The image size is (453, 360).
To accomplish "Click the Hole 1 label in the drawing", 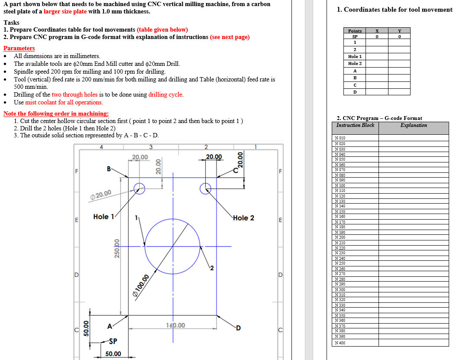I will click(104, 217).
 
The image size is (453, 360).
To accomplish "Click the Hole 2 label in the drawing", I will click(243, 218).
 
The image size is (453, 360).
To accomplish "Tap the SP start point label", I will click(113, 341).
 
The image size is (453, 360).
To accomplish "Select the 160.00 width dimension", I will click(175, 325).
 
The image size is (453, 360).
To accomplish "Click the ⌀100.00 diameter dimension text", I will click(141, 286).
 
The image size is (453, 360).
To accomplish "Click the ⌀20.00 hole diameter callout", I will click(101, 194).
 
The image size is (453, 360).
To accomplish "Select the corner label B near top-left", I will click(109, 168).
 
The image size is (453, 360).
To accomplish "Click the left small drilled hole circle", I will click(139, 188).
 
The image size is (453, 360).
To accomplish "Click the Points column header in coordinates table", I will click(355, 31).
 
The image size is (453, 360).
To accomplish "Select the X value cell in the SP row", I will click(377, 37).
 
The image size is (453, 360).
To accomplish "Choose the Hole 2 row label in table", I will click(355, 63).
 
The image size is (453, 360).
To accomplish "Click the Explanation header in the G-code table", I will click(413, 125).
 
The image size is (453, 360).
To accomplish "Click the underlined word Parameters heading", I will click(19, 48).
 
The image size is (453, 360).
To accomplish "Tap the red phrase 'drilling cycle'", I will click(166, 94).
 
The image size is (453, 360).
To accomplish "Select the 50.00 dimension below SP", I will click(113, 354).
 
